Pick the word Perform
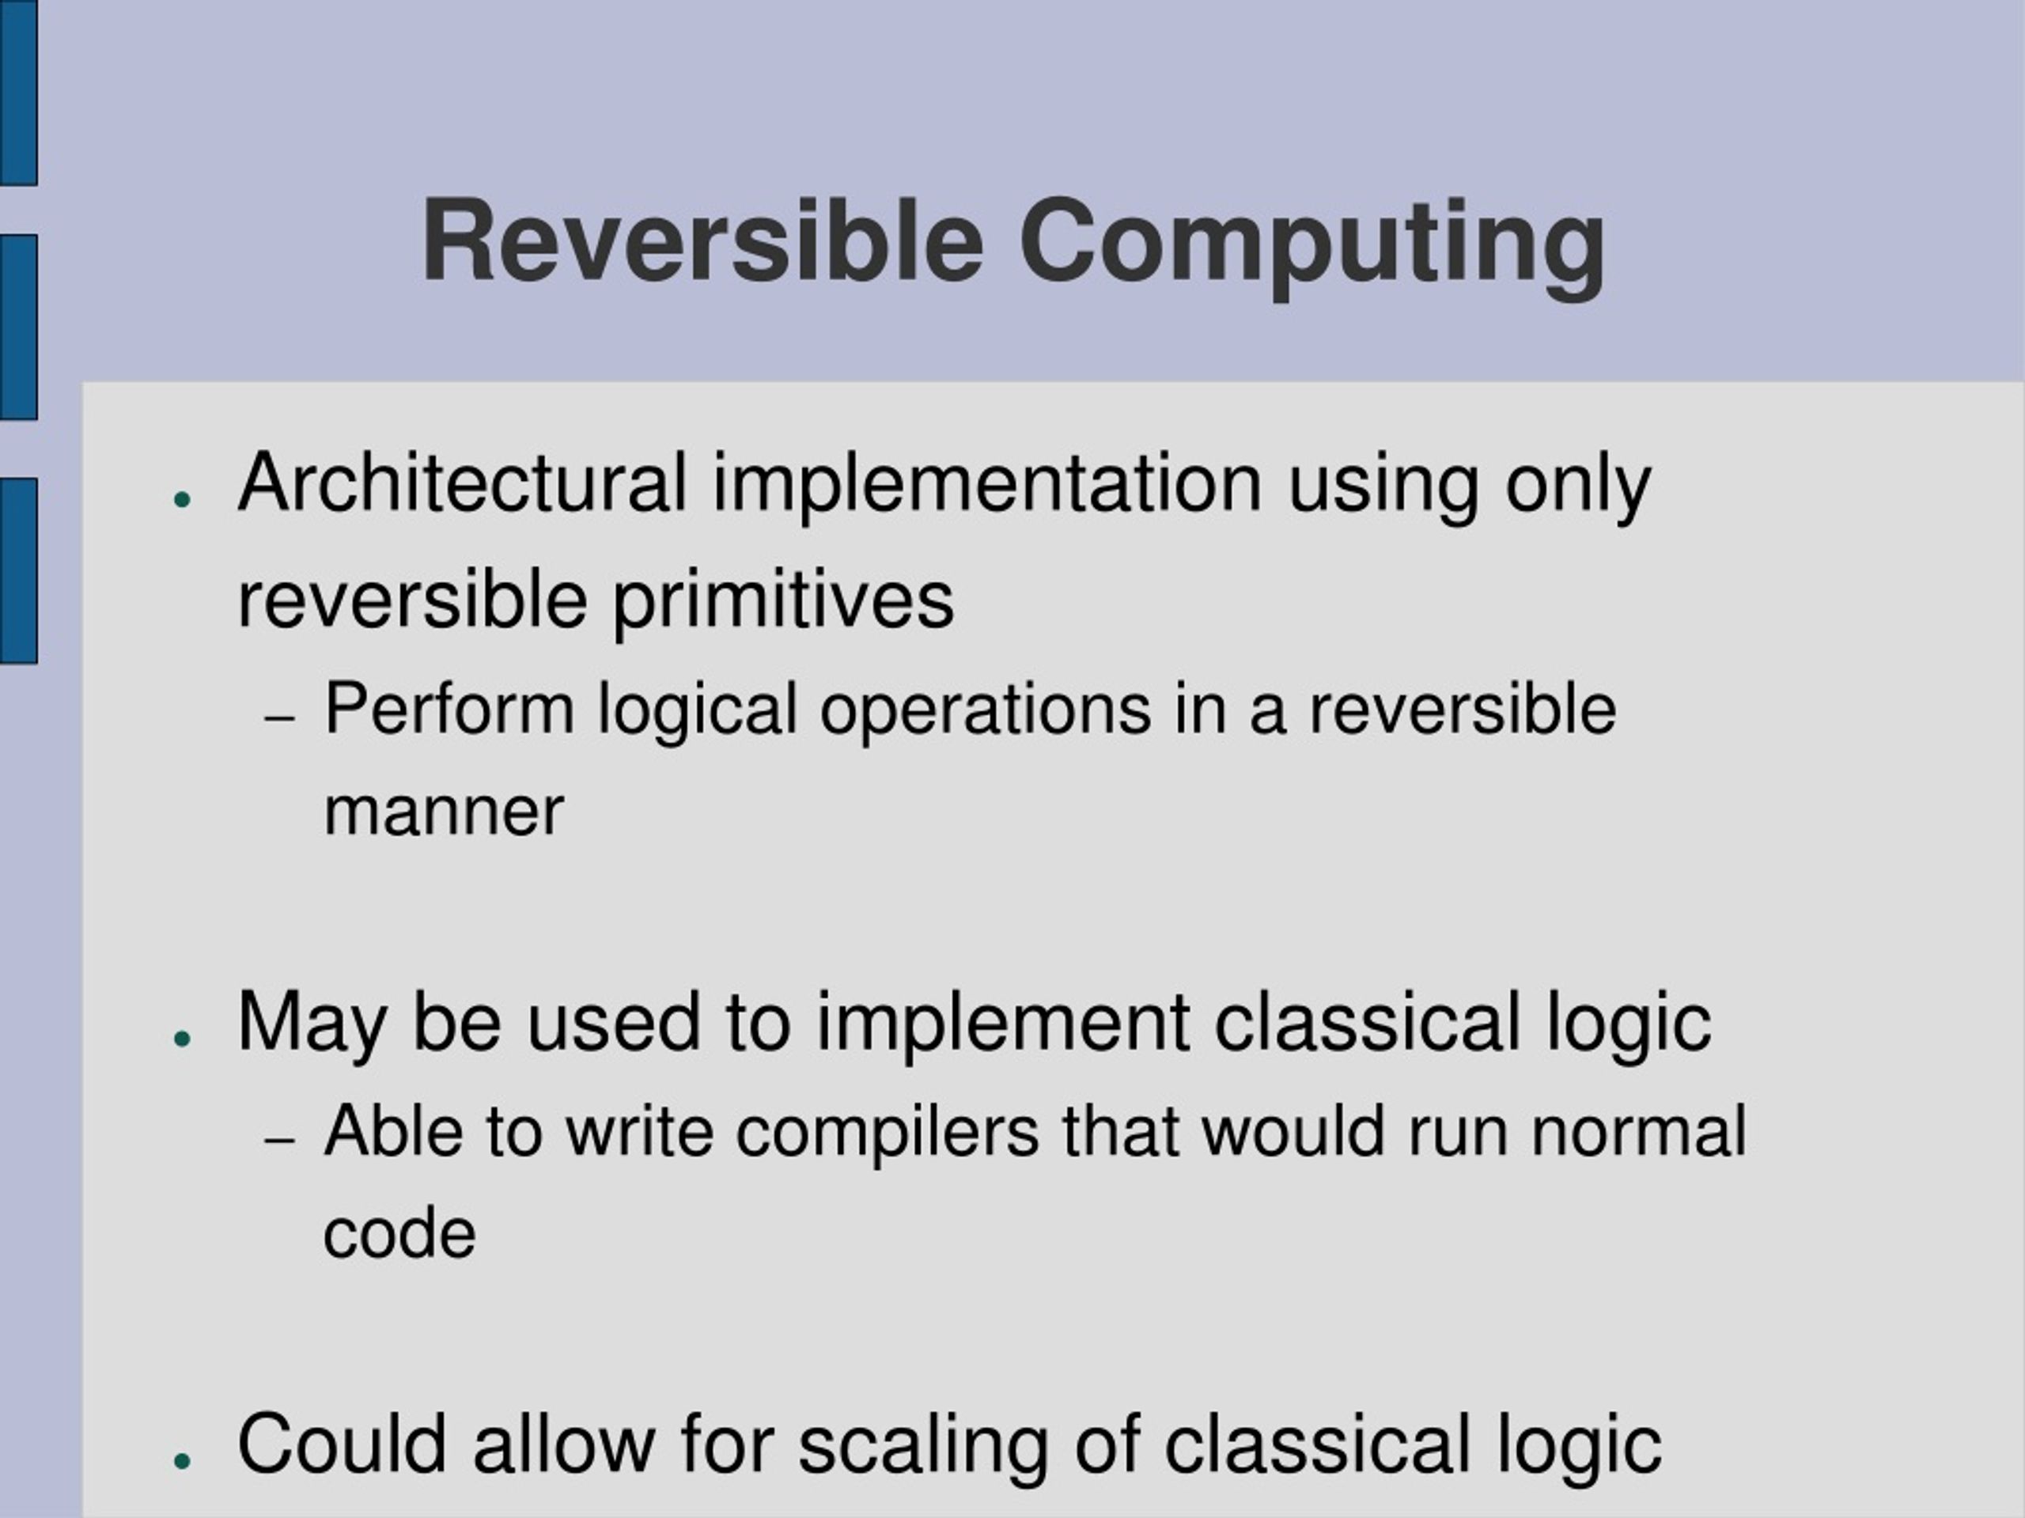449,710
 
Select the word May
311,1024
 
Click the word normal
1639,1132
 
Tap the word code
400,1233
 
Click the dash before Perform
279,717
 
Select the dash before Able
279,1140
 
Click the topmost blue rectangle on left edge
17,92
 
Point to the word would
1293,1132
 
